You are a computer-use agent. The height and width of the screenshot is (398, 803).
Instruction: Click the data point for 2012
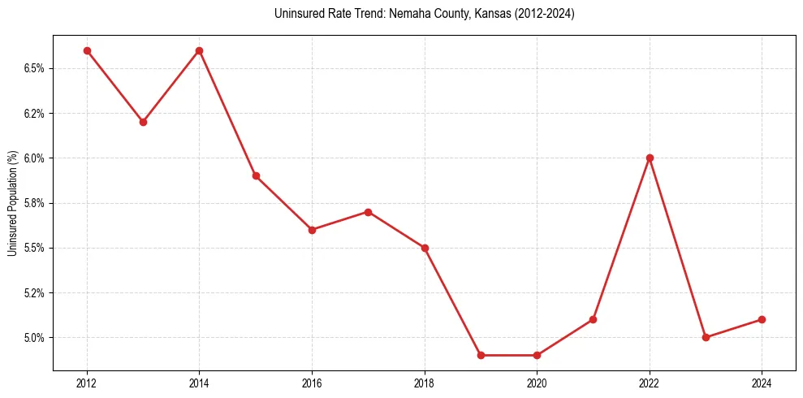tap(87, 50)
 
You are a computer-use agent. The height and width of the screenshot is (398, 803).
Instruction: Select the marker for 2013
tap(143, 122)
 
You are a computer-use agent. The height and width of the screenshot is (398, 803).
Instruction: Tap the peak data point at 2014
tap(199, 50)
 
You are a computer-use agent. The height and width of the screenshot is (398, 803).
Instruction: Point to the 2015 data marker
tap(256, 175)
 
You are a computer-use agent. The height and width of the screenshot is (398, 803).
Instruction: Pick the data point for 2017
tap(368, 212)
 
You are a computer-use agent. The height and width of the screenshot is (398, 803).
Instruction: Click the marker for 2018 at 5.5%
tap(425, 248)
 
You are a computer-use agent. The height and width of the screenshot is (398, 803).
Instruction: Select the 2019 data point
tap(481, 355)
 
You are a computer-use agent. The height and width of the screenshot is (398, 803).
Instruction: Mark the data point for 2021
tap(593, 319)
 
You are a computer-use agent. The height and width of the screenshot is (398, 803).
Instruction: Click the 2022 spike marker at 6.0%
tap(650, 158)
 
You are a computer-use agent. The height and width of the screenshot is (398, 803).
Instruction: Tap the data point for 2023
tap(706, 337)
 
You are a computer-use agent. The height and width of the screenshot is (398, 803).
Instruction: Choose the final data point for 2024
tap(762, 319)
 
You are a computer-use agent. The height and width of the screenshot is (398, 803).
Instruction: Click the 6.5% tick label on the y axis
tap(33, 68)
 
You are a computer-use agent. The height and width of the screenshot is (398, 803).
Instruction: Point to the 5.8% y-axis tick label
tap(33, 203)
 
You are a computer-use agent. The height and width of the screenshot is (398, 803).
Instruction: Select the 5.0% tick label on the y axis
tap(33, 337)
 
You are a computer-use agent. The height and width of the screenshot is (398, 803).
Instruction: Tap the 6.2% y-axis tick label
tap(33, 113)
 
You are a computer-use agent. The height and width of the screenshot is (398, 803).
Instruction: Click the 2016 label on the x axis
tap(312, 383)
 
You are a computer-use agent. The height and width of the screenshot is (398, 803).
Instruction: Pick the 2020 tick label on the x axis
tap(537, 383)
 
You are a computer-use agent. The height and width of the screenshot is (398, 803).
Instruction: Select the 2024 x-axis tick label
tap(762, 383)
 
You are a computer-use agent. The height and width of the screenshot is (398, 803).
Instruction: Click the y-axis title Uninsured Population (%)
tap(12, 203)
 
